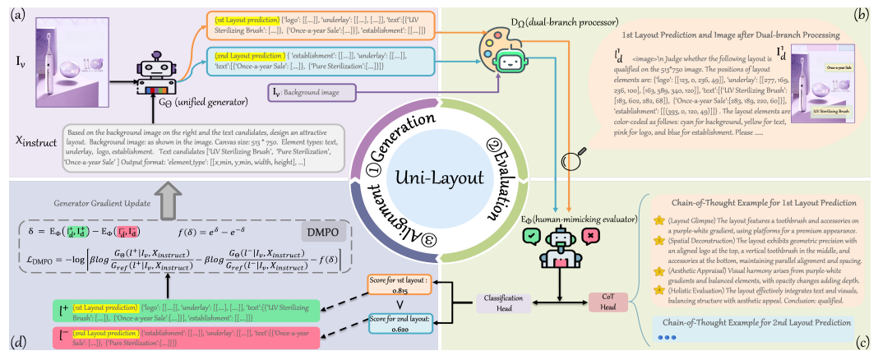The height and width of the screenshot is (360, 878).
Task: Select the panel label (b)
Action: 862,13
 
